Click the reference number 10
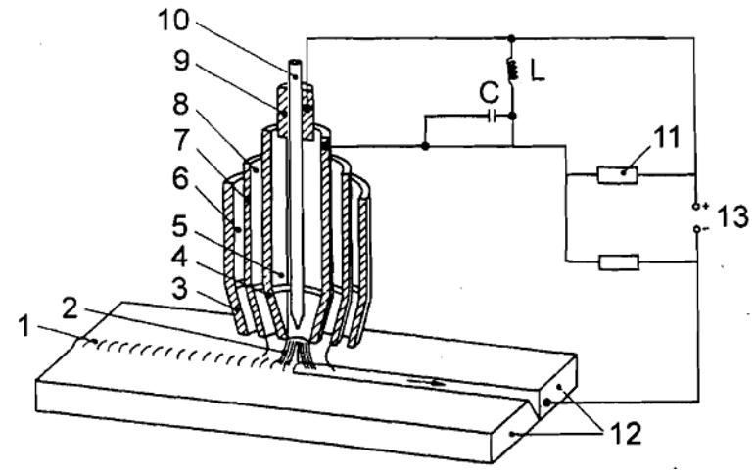point(173,21)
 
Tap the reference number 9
point(182,62)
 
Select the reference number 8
point(181,103)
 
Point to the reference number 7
point(180,140)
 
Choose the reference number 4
point(179,258)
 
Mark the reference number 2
point(71,309)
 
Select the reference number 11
point(666,136)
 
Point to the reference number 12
point(627,433)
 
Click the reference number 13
point(732,216)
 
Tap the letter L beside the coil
point(538,71)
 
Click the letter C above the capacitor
point(490,93)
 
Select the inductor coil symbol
point(512,69)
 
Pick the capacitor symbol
point(492,116)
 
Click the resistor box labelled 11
point(618,174)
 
